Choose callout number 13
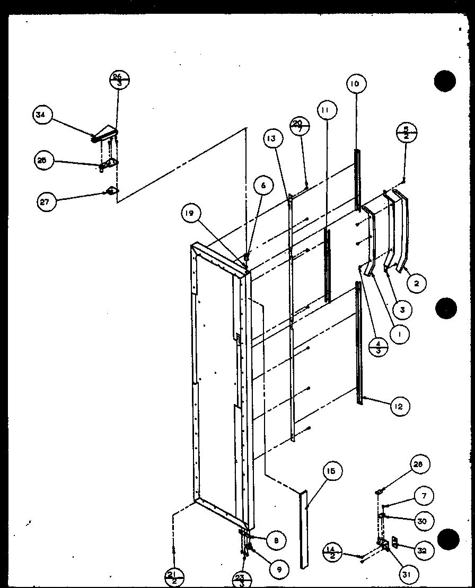click(271, 139)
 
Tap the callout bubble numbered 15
click(333, 471)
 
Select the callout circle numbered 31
click(409, 574)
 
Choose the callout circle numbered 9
click(278, 569)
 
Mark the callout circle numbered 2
click(417, 284)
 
